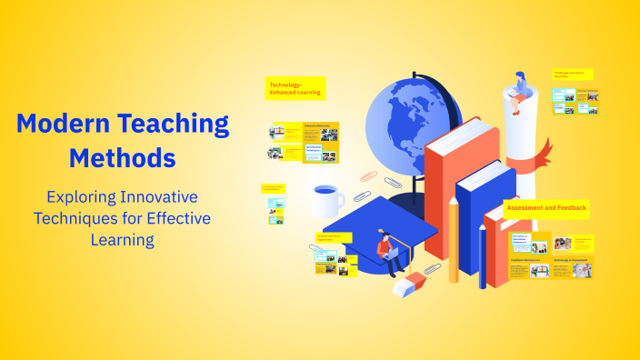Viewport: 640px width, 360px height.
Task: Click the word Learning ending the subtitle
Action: (122, 240)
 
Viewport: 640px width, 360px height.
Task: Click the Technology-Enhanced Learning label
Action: (293, 89)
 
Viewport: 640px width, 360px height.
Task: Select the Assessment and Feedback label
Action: (546, 208)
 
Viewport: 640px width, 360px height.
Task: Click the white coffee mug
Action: (325, 201)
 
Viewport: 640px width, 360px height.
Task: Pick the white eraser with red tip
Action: (405, 285)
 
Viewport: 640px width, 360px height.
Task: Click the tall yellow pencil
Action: (453, 240)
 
